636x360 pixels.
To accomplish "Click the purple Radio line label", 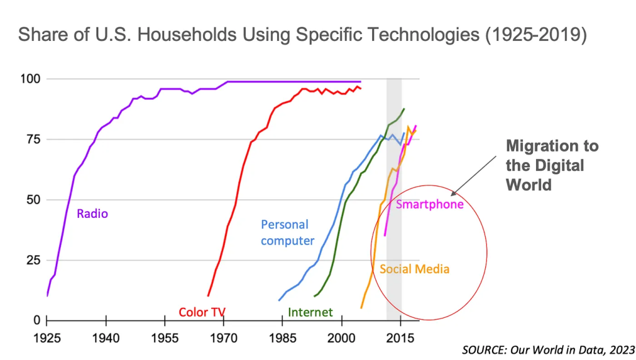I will (92, 214).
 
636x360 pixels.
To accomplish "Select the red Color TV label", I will (202, 312).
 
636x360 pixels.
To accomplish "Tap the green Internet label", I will (310, 312).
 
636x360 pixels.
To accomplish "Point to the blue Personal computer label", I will (287, 233).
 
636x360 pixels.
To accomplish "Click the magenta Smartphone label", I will (430, 204).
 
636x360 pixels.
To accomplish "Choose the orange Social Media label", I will (414, 269).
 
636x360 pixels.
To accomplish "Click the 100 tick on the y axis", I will (32, 79).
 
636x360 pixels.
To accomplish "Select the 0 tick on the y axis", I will (37, 320).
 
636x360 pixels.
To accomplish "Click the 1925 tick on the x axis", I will (48, 340).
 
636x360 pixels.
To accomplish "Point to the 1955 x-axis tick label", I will (165, 340).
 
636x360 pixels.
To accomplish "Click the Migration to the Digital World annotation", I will (552, 165).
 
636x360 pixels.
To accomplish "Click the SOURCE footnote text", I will (548, 349).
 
